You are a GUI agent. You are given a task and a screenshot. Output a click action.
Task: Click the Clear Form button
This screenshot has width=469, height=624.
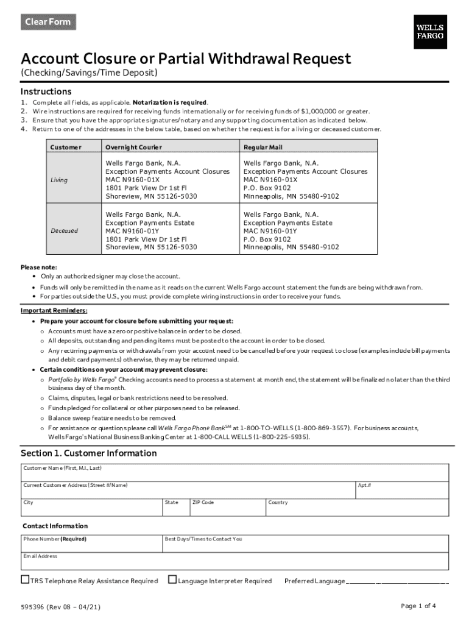pyautogui.click(x=48, y=22)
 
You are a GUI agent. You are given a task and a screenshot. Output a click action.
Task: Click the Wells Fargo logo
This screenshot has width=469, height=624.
pyautogui.click(x=429, y=32)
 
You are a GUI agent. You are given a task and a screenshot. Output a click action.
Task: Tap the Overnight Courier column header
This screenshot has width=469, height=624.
pyautogui.click(x=133, y=147)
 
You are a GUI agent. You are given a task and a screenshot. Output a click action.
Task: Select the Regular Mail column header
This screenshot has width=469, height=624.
pyautogui.click(x=263, y=147)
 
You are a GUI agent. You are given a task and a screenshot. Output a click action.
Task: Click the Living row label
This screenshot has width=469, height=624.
pyautogui.click(x=59, y=180)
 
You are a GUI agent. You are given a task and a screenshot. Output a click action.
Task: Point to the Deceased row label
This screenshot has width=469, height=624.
pyautogui.click(x=64, y=231)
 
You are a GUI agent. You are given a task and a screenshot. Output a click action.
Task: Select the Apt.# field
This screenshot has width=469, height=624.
pyautogui.click(x=401, y=490)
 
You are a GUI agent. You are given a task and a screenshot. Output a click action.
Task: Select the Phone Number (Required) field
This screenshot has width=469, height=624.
pyautogui.click(x=91, y=544)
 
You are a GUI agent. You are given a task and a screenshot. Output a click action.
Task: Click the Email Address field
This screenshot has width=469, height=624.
pyautogui.click(x=234, y=561)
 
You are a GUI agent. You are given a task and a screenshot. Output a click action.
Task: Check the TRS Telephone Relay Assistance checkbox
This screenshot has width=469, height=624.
pyautogui.click(x=26, y=580)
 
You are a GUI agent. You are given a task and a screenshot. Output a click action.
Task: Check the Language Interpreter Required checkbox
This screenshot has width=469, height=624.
pyautogui.click(x=172, y=580)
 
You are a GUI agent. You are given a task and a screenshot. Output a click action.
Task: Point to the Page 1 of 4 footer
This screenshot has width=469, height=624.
pyautogui.click(x=418, y=606)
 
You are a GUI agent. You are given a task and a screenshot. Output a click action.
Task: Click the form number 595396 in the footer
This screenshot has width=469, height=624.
pyautogui.click(x=32, y=607)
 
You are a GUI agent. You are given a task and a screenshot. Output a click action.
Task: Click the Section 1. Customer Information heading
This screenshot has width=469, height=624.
pyautogui.click(x=89, y=453)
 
